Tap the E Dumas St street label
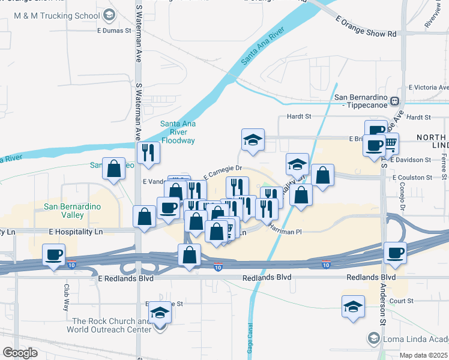click(x=113, y=30)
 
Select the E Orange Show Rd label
click(x=367, y=28)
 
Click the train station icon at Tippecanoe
click(x=395, y=101)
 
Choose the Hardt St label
click(x=300, y=116)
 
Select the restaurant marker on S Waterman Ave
click(x=147, y=152)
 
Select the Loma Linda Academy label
click(x=414, y=339)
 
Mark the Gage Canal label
click(x=249, y=336)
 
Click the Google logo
click(x=20, y=353)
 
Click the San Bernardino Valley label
click(x=72, y=211)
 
